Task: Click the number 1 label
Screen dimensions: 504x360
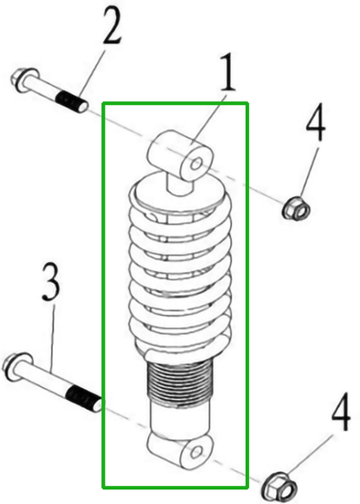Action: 228,76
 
